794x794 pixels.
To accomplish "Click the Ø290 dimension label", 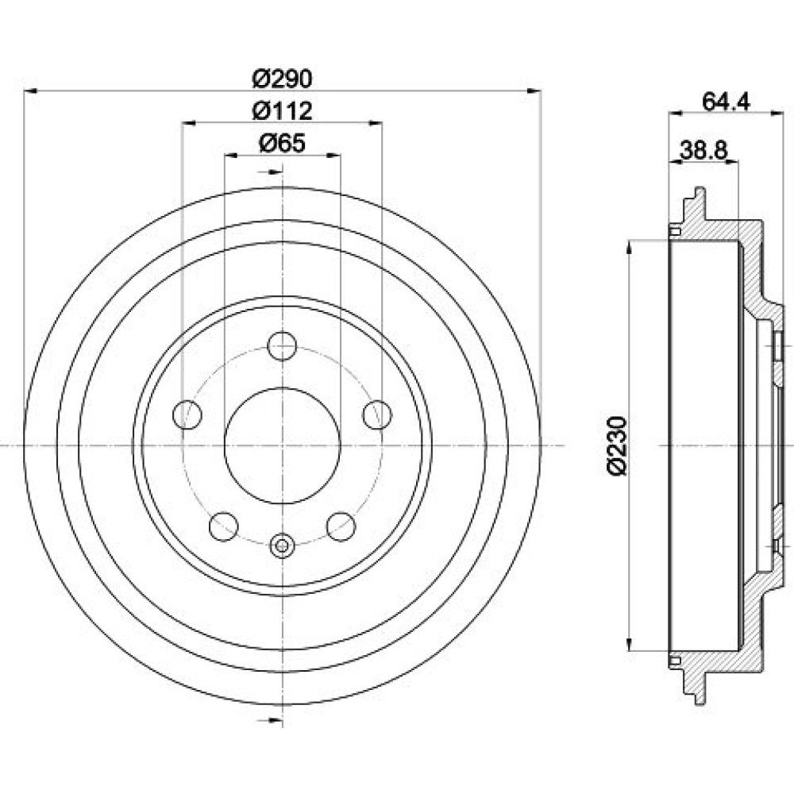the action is pyautogui.click(x=283, y=78).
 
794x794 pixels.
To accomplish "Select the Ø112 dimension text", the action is pyautogui.click(x=283, y=111).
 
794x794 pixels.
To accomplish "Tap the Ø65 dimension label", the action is pyautogui.click(x=283, y=143).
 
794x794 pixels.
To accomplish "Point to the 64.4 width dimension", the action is pyautogui.click(x=726, y=102).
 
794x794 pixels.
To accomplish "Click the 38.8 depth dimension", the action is pyautogui.click(x=703, y=150).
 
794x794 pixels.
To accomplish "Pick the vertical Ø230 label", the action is pyautogui.click(x=618, y=445).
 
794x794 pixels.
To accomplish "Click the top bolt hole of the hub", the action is pyautogui.click(x=282, y=346).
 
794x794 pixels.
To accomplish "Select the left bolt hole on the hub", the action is pyautogui.click(x=187, y=414).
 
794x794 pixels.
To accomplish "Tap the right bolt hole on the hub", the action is pyautogui.click(x=377, y=414).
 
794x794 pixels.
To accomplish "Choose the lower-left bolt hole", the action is pyautogui.click(x=223, y=526).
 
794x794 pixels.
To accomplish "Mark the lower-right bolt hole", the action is pyautogui.click(x=341, y=526).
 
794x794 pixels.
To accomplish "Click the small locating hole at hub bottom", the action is pyautogui.click(x=282, y=546).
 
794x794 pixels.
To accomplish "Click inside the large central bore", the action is pyautogui.click(x=282, y=445).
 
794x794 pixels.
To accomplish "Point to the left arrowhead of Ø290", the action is pyautogui.click(x=30, y=91).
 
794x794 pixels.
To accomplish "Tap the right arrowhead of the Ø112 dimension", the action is pyautogui.click(x=376, y=122).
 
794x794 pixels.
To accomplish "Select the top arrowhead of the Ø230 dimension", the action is pyautogui.click(x=630, y=247).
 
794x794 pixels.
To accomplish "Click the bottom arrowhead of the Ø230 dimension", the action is pyautogui.click(x=630, y=644).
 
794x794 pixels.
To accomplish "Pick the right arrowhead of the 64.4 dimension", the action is pyautogui.click(x=777, y=114).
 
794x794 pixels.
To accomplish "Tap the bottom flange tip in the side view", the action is pyautogui.click(x=700, y=701).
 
